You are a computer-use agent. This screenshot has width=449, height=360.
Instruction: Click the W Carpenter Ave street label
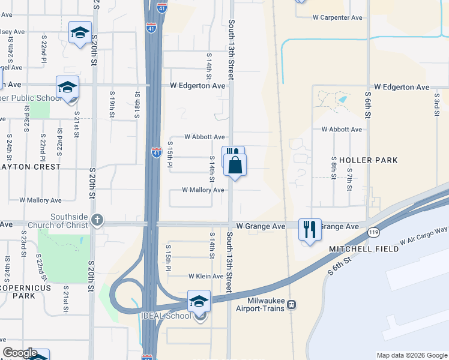337,17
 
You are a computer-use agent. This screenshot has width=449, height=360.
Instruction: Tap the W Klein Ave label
206,277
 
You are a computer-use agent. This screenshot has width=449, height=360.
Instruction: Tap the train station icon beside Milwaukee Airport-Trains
292,304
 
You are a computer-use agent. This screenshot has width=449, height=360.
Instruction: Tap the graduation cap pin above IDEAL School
199,301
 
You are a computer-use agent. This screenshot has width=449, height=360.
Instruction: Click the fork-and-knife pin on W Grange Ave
310,229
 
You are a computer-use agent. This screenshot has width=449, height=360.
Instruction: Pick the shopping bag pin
235,164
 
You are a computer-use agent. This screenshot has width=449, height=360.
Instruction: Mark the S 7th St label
349,179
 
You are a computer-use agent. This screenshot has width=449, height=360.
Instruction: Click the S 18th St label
137,103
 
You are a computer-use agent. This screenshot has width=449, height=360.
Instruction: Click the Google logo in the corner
20,353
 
